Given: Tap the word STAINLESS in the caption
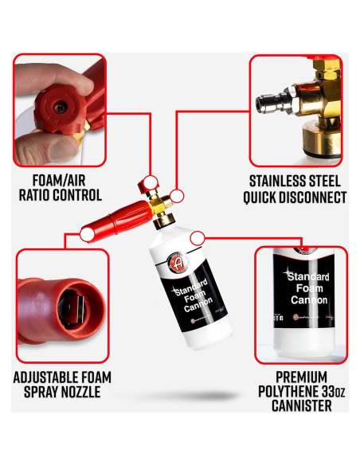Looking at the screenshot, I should (x=279, y=180).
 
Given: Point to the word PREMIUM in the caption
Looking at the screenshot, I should (x=299, y=377).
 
